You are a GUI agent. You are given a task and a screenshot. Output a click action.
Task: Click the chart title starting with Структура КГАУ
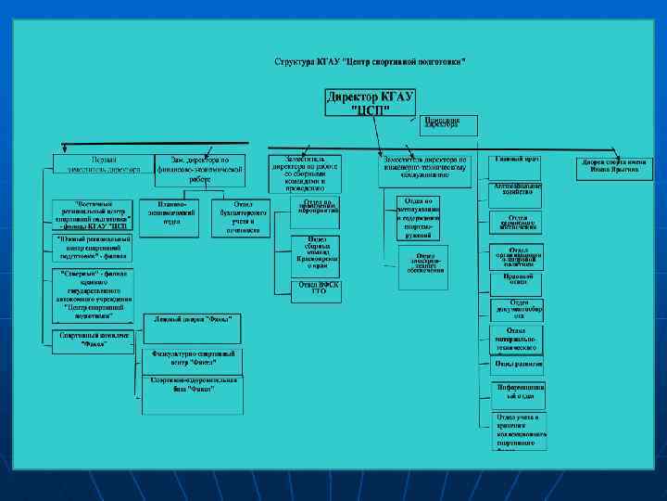point(371,61)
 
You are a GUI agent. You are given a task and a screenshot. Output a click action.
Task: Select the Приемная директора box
point(448,123)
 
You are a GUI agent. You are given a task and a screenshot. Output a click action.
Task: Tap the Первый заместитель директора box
point(97,165)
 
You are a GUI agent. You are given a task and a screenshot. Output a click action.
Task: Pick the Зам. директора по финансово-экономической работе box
point(200,165)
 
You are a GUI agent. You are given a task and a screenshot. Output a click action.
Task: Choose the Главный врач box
point(517,161)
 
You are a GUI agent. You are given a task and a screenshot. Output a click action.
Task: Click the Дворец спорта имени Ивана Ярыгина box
point(615,165)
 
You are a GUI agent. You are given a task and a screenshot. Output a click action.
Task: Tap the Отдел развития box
point(517,363)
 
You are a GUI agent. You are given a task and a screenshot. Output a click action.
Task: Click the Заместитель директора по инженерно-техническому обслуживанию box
point(425,166)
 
